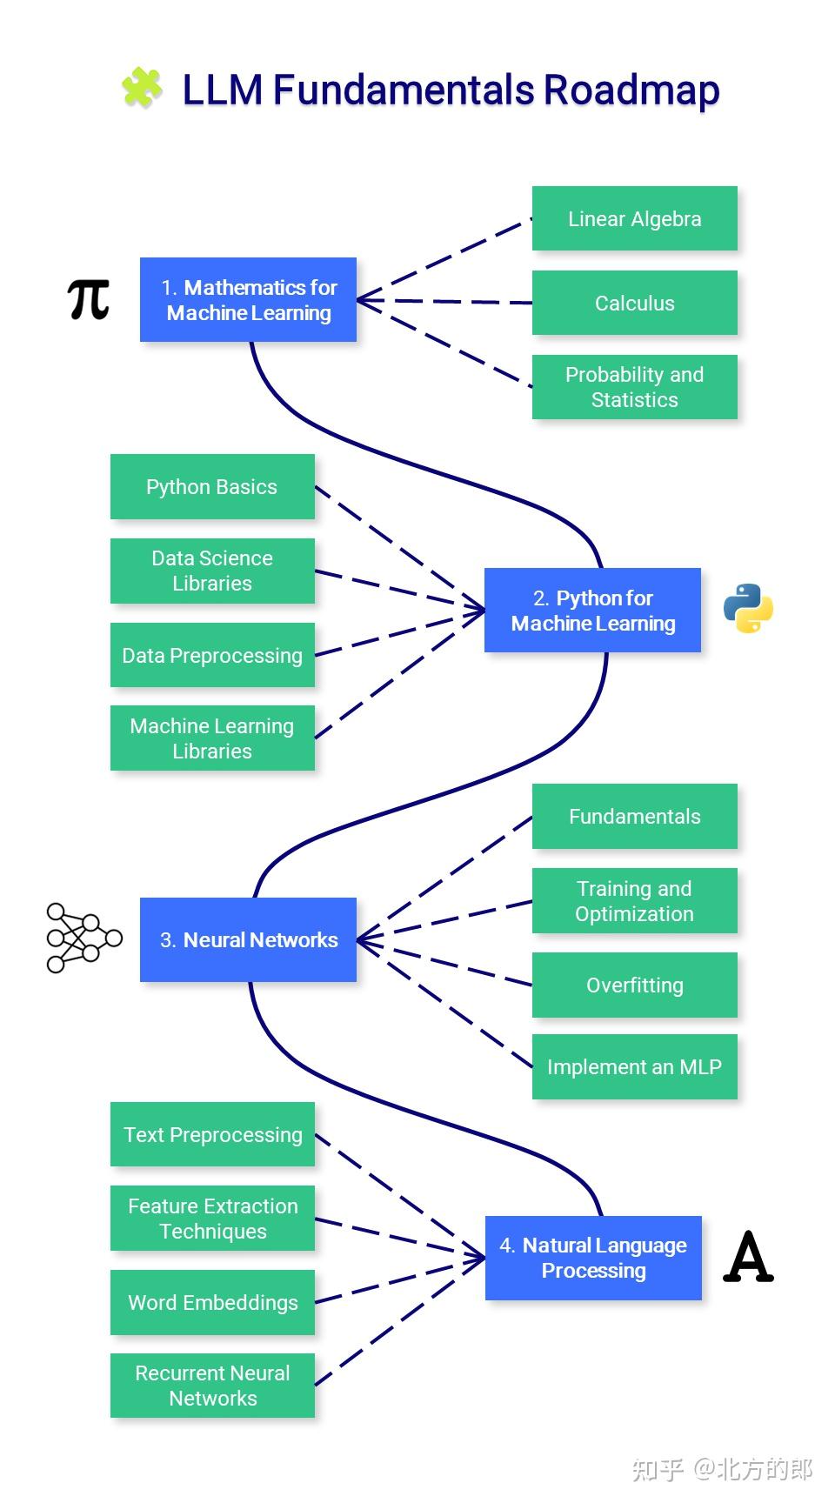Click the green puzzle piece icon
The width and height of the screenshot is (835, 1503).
(142, 88)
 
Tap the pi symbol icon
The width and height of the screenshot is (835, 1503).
(88, 299)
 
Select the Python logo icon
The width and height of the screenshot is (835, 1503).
(748, 608)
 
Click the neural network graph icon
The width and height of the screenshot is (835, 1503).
(83, 938)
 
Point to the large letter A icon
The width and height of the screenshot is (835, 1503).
(748, 1258)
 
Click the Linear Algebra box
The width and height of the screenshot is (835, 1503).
(634, 218)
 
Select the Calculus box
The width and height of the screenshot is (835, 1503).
(634, 303)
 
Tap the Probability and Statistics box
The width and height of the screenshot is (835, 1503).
(634, 387)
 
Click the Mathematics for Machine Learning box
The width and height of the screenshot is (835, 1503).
(248, 299)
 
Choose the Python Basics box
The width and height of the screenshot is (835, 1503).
(211, 486)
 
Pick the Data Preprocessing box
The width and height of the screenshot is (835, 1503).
(211, 655)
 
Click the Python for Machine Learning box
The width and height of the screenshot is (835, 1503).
(592, 610)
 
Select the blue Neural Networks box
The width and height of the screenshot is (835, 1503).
(248, 939)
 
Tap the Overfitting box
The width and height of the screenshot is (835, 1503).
(634, 985)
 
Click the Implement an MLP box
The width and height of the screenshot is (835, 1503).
(634, 1066)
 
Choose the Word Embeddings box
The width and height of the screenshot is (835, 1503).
(212, 1302)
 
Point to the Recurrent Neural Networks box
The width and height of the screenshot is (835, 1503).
(212, 1385)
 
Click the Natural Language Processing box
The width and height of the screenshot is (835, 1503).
(593, 1258)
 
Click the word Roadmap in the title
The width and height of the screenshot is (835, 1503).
(631, 90)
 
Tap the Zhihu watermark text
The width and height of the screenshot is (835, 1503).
(722, 1469)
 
